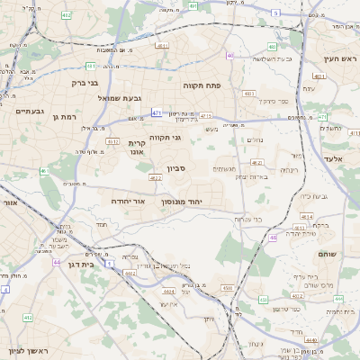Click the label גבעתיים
point(30,111)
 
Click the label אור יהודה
point(128,202)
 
